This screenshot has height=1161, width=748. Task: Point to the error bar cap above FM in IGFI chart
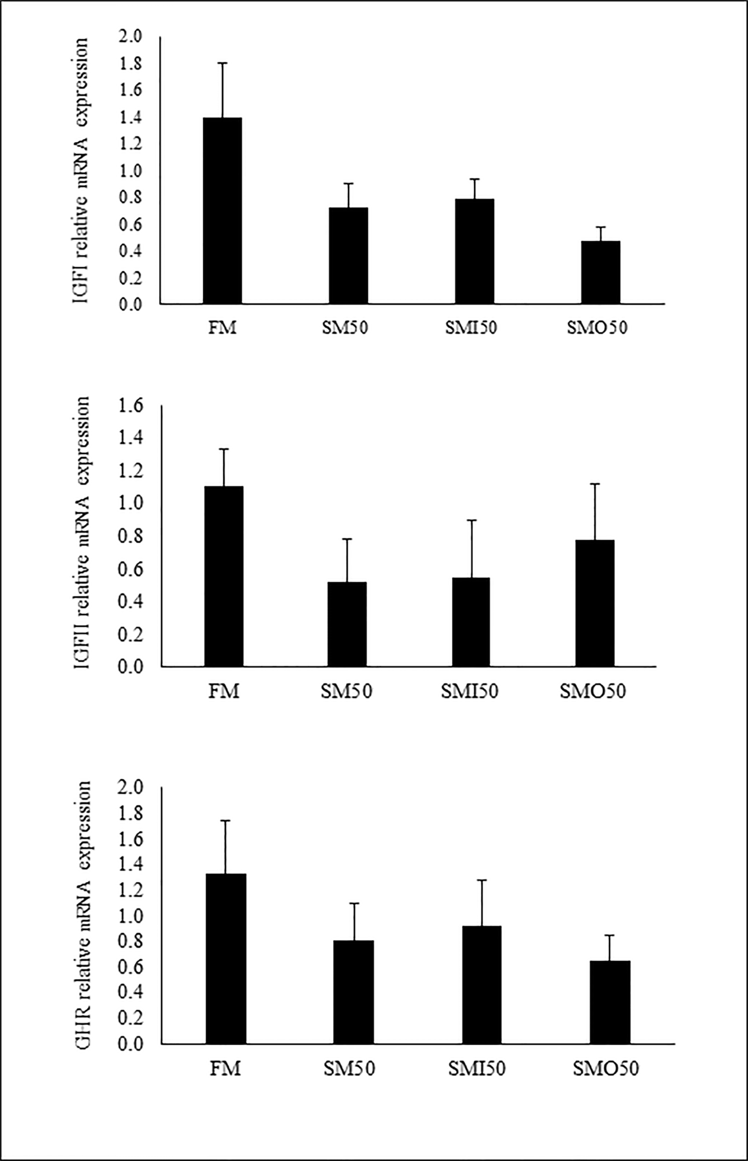[223, 63]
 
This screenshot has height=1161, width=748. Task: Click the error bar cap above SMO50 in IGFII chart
[595, 484]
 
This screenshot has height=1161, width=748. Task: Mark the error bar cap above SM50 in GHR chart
[354, 903]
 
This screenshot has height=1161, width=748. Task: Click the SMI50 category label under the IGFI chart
[471, 328]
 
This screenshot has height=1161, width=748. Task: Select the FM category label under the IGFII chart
[224, 691]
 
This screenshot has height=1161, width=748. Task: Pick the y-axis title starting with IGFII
[82, 532]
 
